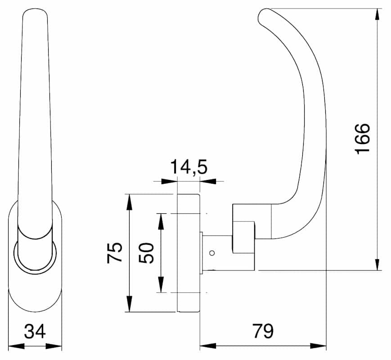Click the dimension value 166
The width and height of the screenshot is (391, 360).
[362, 139]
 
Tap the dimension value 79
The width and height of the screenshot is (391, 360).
[263, 331]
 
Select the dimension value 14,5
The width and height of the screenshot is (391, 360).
[189, 167]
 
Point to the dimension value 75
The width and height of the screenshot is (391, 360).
[114, 253]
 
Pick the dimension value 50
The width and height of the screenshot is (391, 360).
[146, 253]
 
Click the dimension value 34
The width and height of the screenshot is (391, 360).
[35, 331]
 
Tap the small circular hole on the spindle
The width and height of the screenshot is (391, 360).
[212, 253]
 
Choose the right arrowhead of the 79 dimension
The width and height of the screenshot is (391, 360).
[318, 346]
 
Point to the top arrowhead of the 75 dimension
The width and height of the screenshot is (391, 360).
[129, 202]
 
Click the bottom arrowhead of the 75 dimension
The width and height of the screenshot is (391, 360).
[129, 304]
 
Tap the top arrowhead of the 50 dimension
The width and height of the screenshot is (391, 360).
[162, 222]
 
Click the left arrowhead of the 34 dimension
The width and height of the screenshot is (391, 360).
[17, 346]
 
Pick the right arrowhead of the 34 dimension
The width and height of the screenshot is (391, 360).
[54, 346]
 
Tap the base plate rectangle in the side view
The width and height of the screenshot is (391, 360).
[188, 253]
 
